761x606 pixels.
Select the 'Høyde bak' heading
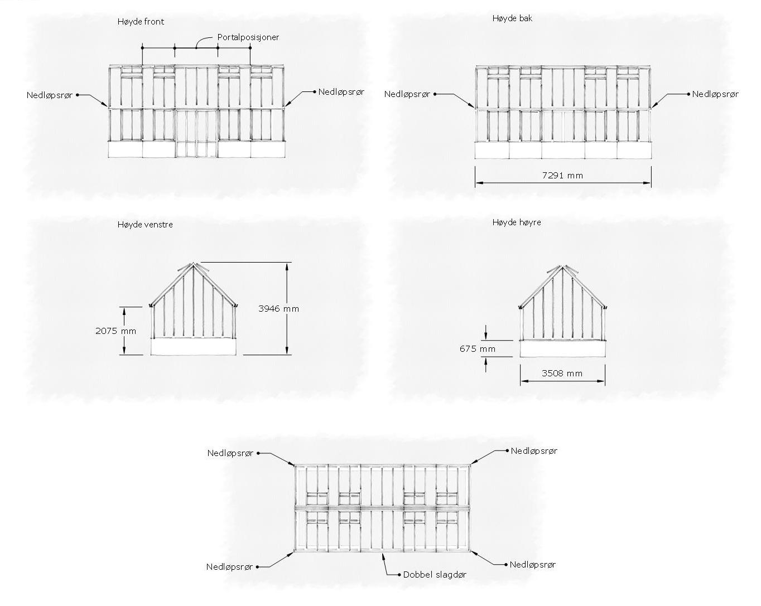coord(512,18)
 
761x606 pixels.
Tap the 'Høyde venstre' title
coord(145,225)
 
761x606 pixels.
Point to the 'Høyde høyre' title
coord(517,222)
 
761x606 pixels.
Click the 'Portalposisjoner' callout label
coord(248,37)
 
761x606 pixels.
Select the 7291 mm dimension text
coord(562,176)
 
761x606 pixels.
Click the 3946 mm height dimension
coord(278,308)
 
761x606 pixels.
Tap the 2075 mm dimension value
coord(115,331)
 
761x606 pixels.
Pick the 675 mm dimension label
coord(478,349)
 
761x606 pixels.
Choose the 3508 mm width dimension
coord(562,373)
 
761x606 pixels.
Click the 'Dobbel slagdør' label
coord(435,574)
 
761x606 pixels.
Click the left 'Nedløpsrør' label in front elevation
coord(50,95)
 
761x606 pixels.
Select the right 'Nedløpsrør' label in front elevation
coord(341,92)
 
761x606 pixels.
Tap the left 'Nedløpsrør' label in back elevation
coord(407,94)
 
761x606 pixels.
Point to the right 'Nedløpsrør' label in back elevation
coord(715,94)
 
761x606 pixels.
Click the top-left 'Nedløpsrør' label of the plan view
coord(230,453)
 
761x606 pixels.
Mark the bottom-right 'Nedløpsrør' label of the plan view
coord(533,565)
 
